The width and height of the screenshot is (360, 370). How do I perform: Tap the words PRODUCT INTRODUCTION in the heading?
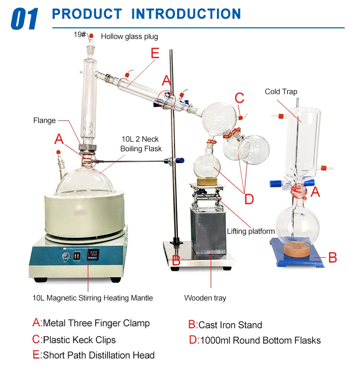pyautogui.click(x=146, y=14)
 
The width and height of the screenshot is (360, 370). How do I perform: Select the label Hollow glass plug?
pyautogui.click(x=129, y=36)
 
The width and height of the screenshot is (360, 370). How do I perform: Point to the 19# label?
pyautogui.click(x=80, y=35)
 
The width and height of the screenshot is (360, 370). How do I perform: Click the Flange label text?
pyautogui.click(x=45, y=120)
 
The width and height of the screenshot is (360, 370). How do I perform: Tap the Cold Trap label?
pyautogui.click(x=281, y=92)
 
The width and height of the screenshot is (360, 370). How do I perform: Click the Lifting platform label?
pyautogui.click(x=251, y=231)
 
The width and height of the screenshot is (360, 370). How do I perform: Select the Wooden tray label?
pyautogui.click(x=205, y=298)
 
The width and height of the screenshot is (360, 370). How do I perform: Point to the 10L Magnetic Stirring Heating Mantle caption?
pyautogui.click(x=93, y=298)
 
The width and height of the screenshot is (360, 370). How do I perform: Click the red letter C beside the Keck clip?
pyautogui.click(x=240, y=99)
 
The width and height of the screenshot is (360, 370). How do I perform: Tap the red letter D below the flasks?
pyautogui.click(x=248, y=198)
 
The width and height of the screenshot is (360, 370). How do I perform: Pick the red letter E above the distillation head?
pyautogui.click(x=154, y=53)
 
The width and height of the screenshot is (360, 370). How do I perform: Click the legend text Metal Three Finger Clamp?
pyautogui.click(x=96, y=323)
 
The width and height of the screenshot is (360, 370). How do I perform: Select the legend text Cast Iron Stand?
pyautogui.click(x=230, y=325)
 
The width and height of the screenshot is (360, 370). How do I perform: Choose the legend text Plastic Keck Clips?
pyautogui.click(x=79, y=340)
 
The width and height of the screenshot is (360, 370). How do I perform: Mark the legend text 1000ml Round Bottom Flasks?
pyautogui.click(x=260, y=340)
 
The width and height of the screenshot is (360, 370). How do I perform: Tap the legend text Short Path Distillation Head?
pyautogui.click(x=98, y=356)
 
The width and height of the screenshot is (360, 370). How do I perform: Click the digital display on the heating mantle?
pyautogui.click(x=94, y=254)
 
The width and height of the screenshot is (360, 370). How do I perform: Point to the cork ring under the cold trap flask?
pyautogui.click(x=294, y=249)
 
